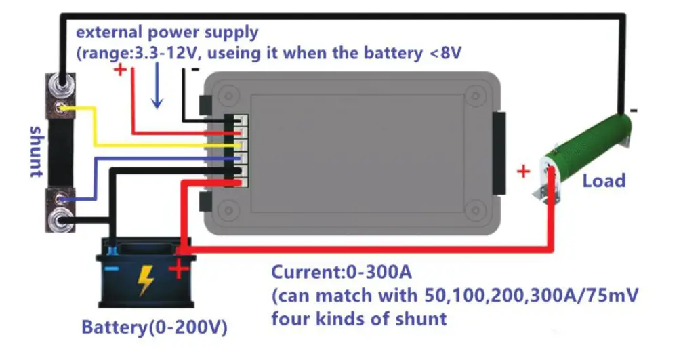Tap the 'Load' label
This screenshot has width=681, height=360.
[604, 180]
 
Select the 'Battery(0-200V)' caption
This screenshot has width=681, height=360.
[154, 327]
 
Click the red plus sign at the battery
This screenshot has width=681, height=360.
[179, 270]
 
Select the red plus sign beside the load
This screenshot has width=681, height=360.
[523, 172]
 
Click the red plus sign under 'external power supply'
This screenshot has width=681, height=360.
[120, 69]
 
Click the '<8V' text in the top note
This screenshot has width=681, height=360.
[449, 53]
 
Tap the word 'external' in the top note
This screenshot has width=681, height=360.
[107, 31]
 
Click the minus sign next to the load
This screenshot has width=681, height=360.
[634, 110]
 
